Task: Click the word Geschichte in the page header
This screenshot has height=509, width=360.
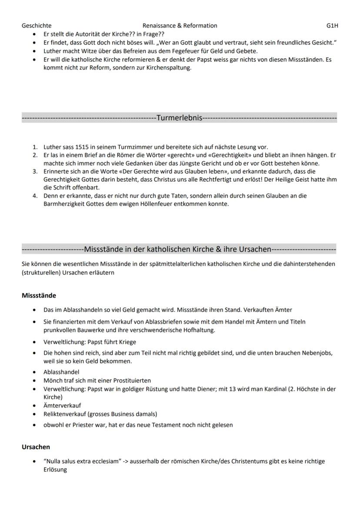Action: pos(37,26)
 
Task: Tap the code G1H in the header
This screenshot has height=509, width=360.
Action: pos(332,26)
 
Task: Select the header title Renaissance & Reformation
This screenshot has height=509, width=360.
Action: pos(180,26)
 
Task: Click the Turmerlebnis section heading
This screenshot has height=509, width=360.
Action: pos(179,117)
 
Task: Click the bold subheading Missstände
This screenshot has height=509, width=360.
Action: pos(39,296)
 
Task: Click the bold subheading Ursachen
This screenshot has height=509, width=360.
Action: pos(36,447)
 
